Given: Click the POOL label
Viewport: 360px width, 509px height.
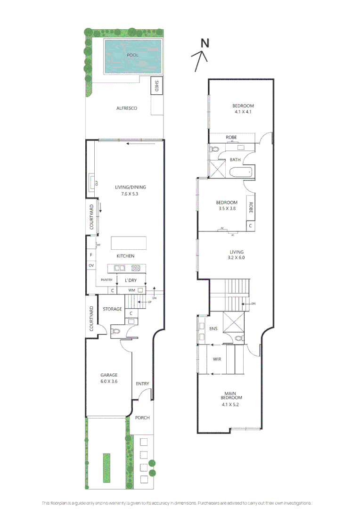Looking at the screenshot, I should click(x=132, y=55).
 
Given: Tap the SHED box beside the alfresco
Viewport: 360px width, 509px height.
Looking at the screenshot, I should click(x=156, y=86).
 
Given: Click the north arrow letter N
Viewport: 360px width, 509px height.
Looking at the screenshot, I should click(x=205, y=43).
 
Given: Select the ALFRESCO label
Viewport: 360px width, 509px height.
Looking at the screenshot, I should click(x=126, y=108).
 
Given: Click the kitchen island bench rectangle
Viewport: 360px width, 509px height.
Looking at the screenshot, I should click(x=129, y=243).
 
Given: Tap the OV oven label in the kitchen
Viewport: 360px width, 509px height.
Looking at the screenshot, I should click(x=91, y=266).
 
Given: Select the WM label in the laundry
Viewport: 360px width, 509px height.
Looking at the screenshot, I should click(x=132, y=290).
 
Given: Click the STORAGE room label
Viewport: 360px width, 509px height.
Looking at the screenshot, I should click(x=113, y=309).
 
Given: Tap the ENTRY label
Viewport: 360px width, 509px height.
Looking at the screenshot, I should click(x=142, y=384).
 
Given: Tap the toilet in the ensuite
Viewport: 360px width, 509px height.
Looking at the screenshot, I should click(x=238, y=338).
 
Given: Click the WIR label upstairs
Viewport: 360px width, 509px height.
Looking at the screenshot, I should click(x=217, y=359).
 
